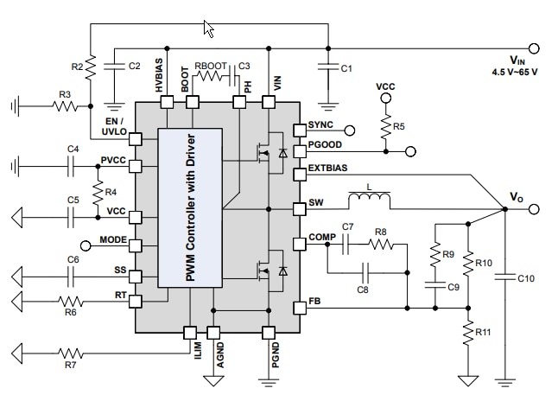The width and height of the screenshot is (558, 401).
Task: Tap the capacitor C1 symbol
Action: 327,67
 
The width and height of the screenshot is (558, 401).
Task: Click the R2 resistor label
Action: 77,66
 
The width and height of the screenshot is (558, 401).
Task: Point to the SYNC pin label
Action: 320,125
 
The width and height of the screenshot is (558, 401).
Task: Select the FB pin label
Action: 315,303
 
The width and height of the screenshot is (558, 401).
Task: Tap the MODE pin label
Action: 113,239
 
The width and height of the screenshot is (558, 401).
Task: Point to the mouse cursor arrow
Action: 208,29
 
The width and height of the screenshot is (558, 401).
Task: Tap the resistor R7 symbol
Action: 71,353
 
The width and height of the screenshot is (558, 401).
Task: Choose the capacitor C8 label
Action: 362,290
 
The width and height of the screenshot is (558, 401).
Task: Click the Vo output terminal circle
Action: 534,209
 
